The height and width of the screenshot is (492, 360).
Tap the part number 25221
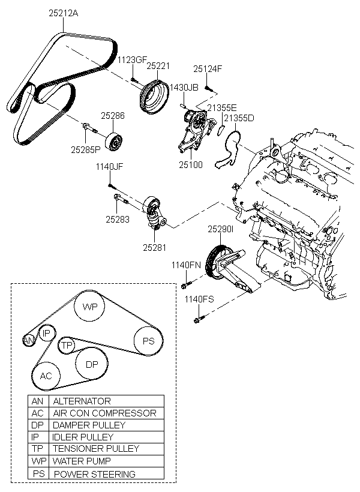pos(158,66)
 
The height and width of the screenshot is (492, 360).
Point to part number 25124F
pos(208,68)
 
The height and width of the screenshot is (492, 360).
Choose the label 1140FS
pos(199,299)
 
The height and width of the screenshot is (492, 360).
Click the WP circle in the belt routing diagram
pos(89,307)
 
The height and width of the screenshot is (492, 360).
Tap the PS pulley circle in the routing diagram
pos(148,342)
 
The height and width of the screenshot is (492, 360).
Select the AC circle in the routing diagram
pos(46,376)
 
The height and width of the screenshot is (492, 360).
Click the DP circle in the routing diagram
pos(92,364)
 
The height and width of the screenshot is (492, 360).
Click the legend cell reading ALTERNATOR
pos(82,401)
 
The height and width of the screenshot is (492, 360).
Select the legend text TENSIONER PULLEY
pos(96,449)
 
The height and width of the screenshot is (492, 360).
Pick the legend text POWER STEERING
pos(94,474)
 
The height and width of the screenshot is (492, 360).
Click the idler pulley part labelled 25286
pos(115,143)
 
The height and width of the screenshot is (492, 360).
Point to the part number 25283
pos(118,220)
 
